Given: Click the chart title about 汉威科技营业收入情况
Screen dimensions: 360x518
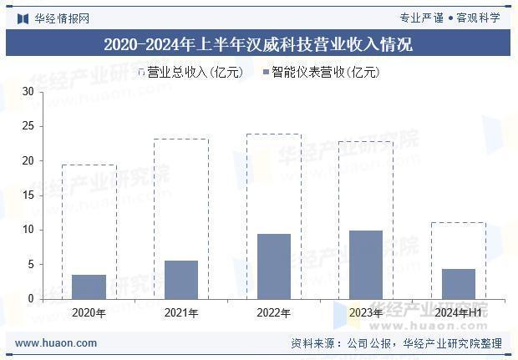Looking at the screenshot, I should pyautogui.click(x=258, y=43).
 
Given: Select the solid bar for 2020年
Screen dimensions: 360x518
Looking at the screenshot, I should pyautogui.click(x=89, y=286).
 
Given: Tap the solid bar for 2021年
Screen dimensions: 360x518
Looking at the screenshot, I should pyautogui.click(x=181, y=280).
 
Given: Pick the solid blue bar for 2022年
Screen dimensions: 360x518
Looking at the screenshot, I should pyautogui.click(x=273, y=266).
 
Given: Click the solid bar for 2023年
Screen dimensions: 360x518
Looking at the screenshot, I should pyautogui.click(x=365, y=265).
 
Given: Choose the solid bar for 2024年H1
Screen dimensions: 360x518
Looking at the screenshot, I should pyautogui.click(x=458, y=284).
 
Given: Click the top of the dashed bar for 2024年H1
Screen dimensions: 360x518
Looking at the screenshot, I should pyautogui.click(x=458, y=222).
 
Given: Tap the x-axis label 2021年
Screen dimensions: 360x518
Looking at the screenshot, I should pyautogui.click(x=181, y=313).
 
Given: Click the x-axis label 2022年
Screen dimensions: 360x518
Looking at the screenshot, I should pyautogui.click(x=273, y=313).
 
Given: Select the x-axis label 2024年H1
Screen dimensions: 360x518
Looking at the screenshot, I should pyautogui.click(x=458, y=313).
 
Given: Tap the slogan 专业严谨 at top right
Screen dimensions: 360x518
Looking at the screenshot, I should pyautogui.click(x=422, y=18).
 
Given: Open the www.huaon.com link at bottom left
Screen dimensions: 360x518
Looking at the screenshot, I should pyautogui.click(x=56, y=343).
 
